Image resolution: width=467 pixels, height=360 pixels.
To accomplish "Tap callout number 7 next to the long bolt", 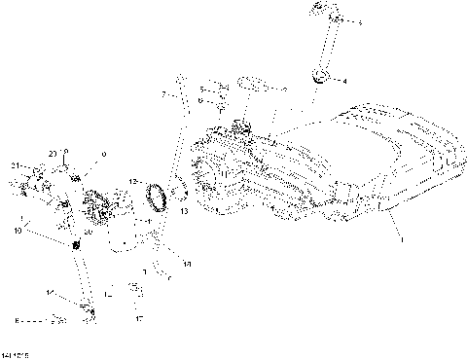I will [164, 94].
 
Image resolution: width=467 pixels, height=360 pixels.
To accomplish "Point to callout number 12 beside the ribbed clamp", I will [132, 182].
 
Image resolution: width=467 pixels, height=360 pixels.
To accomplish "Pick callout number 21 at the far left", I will [17, 167].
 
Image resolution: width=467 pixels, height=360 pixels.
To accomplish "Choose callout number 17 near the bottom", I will [139, 318].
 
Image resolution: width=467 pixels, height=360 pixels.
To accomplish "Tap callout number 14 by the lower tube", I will [50, 292].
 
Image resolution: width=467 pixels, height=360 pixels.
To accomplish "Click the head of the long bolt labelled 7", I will [181, 77].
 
